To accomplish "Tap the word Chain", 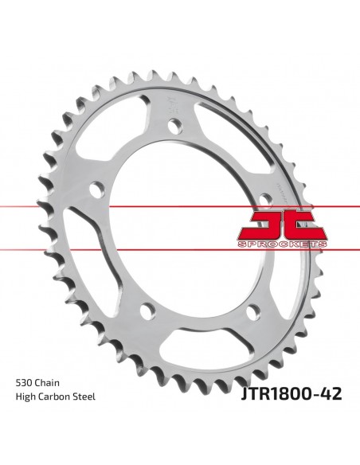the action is point(47,382).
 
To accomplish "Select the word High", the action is point(25,397).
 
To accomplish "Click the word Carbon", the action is point(55,397).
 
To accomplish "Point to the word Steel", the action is point(84,397).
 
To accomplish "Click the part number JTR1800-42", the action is point(292,394).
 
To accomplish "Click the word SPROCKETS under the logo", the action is point(282,244).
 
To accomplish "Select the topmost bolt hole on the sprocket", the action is point(175,126).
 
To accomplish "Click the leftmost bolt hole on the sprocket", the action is point(97,190).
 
